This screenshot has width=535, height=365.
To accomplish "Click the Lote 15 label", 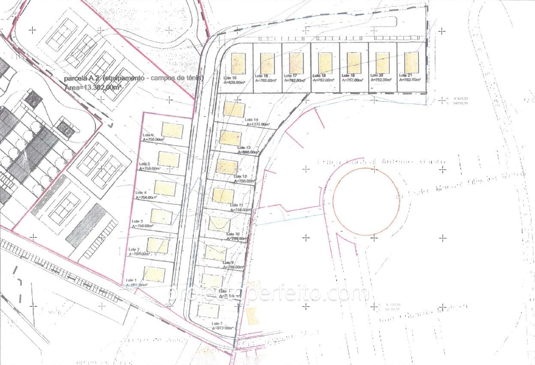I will click(227, 78).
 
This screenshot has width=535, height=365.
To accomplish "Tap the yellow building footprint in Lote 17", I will click(296, 63).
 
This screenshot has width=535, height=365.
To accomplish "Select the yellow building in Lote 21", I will click(412, 63).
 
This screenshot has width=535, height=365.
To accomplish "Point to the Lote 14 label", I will click(252, 120).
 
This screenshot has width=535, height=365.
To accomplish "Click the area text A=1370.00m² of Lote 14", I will click(258, 124).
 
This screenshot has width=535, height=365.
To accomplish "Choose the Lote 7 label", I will click(218, 323).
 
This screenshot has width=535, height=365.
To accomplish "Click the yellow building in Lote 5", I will click(168, 160).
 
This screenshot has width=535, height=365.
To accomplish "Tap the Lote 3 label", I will click(138, 221).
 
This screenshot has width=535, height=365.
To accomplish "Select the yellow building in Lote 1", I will click(154, 274).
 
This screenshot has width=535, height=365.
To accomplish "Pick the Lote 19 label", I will click(346, 75).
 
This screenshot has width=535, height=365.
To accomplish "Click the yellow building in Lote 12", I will click(227, 166).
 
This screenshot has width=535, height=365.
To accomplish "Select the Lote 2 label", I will click(134, 249).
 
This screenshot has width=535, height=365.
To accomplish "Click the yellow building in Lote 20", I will click(382, 63).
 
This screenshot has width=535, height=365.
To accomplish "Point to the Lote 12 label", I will click(240, 177).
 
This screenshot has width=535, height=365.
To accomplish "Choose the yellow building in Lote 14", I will click(234, 110).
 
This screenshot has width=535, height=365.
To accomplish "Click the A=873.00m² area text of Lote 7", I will click(222, 328).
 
